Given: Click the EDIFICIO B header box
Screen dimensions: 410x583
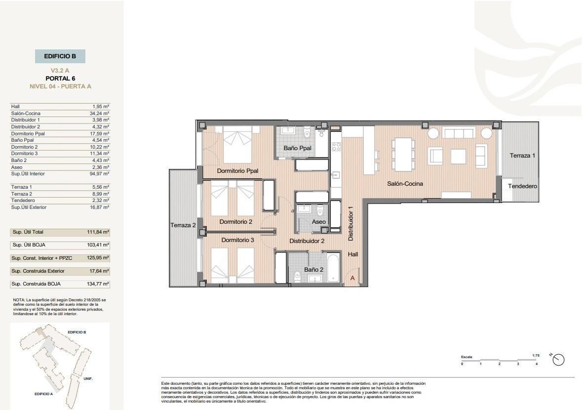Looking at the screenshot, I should click(x=60, y=56).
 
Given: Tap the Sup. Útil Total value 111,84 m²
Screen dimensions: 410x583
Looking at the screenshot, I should click(x=99, y=232).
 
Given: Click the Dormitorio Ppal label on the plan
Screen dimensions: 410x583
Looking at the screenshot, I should click(x=237, y=171).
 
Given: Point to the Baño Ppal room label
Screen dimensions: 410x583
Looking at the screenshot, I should click(x=297, y=148).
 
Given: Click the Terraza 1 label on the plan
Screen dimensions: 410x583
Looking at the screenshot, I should click(x=522, y=156).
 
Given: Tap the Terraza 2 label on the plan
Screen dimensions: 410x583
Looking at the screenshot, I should click(x=183, y=225).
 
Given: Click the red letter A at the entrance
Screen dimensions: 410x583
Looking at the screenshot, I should click(x=352, y=278).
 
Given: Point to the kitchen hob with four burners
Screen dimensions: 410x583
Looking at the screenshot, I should click(x=336, y=146).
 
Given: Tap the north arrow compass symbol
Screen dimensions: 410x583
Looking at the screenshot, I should click(x=558, y=360).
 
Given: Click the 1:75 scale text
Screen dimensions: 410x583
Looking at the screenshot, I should click(x=536, y=355).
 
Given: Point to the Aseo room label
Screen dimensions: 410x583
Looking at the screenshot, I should click(x=319, y=222).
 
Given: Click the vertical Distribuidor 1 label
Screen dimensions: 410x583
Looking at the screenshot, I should click(x=351, y=223).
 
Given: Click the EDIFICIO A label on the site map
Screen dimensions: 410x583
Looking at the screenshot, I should click(x=43, y=394).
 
